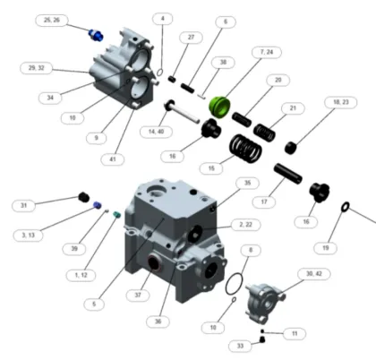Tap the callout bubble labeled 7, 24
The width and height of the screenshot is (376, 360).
coord(266,53)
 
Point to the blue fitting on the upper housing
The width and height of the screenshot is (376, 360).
coord(96,35)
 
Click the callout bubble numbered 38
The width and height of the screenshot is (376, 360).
coord(223,62)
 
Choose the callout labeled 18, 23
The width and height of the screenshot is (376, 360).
coord(340,103)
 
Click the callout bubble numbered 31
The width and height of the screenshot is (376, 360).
coord(27,205)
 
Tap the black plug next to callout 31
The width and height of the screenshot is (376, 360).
coord(82,197)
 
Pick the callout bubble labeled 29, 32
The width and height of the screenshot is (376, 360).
coord(38,67)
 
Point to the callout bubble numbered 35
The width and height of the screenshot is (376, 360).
coord(248,184)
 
